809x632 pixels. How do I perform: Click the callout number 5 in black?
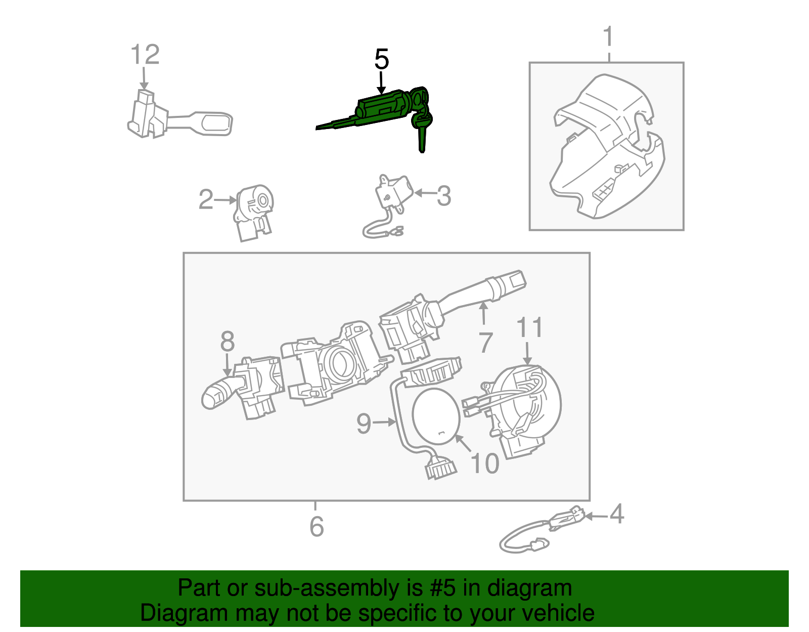tap(382, 60)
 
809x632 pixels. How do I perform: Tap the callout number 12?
tap(145, 55)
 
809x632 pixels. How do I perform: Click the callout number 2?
tap(206, 199)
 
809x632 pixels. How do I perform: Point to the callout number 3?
tap(443, 196)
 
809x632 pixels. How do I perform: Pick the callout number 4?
tap(616, 514)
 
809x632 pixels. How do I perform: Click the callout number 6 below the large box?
tap(317, 527)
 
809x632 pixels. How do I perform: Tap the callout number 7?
tap(485, 343)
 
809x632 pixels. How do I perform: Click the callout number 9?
tap(364, 423)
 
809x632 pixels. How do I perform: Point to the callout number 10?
tap(484, 463)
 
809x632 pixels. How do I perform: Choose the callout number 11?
tap(529, 327)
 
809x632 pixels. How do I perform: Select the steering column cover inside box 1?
tap(607, 147)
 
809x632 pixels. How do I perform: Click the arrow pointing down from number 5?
tap(381, 83)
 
